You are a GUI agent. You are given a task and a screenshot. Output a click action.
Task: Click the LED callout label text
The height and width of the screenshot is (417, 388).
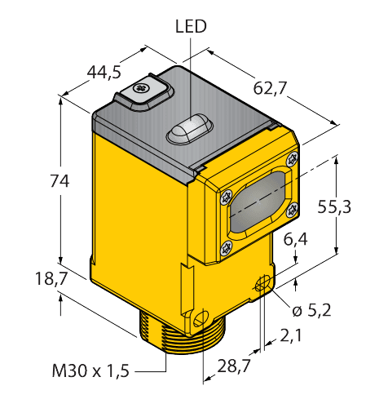coord(191,27)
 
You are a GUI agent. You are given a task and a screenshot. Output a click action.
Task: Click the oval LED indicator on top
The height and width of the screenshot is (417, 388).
coord(190,128)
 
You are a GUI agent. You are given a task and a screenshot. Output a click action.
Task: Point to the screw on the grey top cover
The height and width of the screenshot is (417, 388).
coord(141,88)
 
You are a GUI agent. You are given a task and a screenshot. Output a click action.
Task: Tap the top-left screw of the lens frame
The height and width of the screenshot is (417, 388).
coord(224,196)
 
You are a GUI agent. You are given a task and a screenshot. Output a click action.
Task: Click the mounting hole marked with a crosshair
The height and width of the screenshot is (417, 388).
coord(261,284)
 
